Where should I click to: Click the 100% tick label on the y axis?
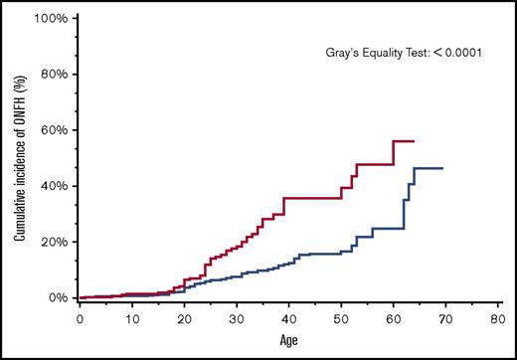click(51, 18)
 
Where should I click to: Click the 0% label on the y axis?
click(57, 297)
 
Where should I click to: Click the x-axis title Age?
click(287, 341)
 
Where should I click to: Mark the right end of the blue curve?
click(442, 168)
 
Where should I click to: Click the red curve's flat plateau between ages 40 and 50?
click(312, 198)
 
